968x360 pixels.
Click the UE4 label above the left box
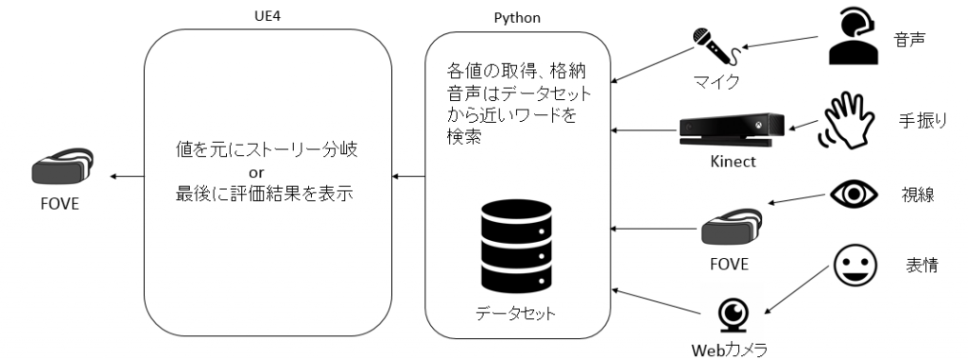268,16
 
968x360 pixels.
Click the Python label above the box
517,18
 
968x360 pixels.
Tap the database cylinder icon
515,247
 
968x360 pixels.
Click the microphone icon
715,46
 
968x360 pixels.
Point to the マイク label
715,82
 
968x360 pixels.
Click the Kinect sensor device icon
732,129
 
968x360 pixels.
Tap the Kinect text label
733,163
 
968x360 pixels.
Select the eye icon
854,195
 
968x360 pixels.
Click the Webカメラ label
729,350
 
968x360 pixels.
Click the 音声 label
909,40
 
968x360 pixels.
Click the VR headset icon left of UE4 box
62,166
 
